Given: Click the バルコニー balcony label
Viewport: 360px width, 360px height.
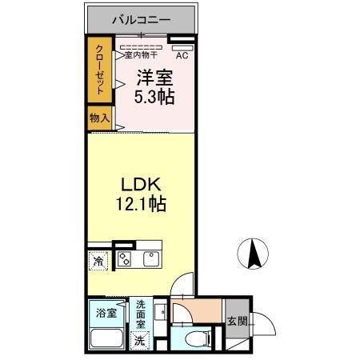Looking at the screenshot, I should (x=140, y=17).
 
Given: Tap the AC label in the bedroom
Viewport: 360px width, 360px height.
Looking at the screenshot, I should (x=182, y=55).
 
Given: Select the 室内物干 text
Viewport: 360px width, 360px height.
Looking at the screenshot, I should (x=141, y=55).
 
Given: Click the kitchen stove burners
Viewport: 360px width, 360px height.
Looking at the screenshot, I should (x=125, y=258).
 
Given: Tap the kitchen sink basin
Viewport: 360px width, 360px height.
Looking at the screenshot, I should (x=150, y=258).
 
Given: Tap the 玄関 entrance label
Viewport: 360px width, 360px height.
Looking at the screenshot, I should (x=237, y=322).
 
